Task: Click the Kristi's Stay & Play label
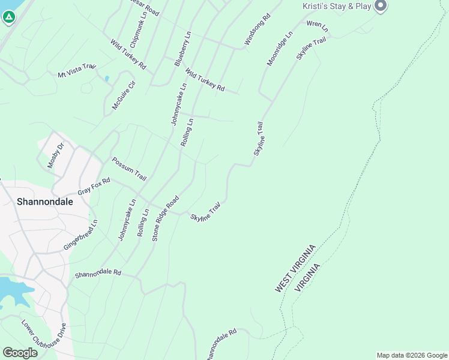coord(336,6)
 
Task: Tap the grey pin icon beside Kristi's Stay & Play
coord(380,6)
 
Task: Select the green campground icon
coord(8,17)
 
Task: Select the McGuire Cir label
coord(124,95)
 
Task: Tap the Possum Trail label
coord(129,169)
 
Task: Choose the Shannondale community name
coord(45,202)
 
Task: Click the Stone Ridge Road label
coord(166,218)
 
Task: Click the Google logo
coord(20,353)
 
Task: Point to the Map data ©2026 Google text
coord(411,355)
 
